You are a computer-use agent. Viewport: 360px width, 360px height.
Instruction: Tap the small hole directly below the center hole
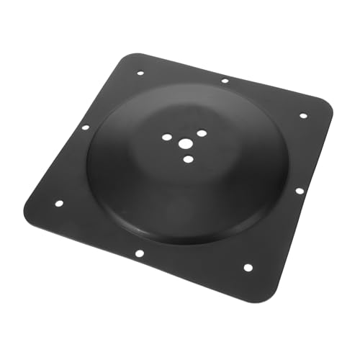[x=188, y=158]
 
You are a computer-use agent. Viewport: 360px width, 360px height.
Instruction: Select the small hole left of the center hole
[x=166, y=137]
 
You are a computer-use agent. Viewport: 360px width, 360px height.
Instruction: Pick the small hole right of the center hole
[x=202, y=133]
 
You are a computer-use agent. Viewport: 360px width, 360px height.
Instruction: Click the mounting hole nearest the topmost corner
[x=140, y=72]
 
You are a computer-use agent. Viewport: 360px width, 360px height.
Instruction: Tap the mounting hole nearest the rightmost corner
[x=303, y=115]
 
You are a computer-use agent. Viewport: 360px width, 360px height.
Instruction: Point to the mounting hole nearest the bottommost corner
[x=248, y=267]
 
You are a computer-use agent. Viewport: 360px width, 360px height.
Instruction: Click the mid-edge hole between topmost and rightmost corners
[x=225, y=81]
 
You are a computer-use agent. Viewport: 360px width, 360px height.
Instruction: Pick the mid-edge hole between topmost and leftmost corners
[x=85, y=127]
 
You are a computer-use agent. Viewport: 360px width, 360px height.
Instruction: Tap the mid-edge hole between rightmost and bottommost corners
[x=299, y=191]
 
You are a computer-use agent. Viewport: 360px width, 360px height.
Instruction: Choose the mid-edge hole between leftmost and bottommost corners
[x=140, y=253]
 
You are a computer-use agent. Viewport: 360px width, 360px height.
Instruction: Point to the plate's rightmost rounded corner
[x=332, y=108]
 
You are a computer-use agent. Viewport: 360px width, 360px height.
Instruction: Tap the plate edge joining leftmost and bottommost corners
[x=144, y=264]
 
